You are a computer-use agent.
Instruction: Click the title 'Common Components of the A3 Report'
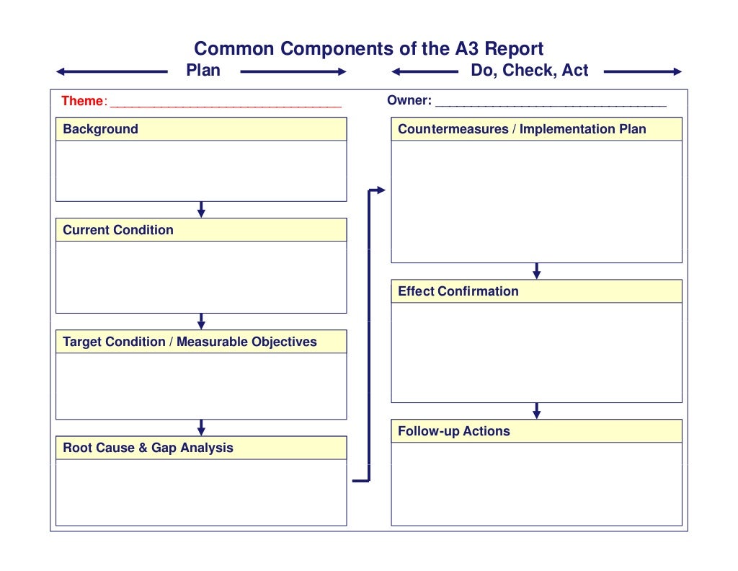368,49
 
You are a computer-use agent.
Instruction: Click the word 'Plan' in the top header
203,71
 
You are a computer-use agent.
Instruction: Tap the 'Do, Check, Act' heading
529,71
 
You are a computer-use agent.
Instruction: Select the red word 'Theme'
82,101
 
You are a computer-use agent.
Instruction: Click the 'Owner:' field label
409,101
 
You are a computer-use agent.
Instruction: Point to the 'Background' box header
100,130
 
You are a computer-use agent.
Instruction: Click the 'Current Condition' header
118,230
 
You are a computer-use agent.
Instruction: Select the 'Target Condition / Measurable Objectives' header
190,342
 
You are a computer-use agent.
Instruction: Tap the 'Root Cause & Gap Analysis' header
148,448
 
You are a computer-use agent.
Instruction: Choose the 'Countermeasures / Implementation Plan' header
522,130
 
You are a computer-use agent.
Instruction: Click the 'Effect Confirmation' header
458,291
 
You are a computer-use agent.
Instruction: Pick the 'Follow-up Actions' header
453,431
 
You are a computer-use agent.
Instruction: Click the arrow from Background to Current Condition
201,209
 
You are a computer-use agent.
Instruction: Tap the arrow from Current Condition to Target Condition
201,321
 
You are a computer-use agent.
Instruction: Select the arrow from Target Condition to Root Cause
201,427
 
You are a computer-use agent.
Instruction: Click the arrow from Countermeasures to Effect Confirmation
536,270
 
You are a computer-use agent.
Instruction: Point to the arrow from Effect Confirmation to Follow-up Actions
536,410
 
